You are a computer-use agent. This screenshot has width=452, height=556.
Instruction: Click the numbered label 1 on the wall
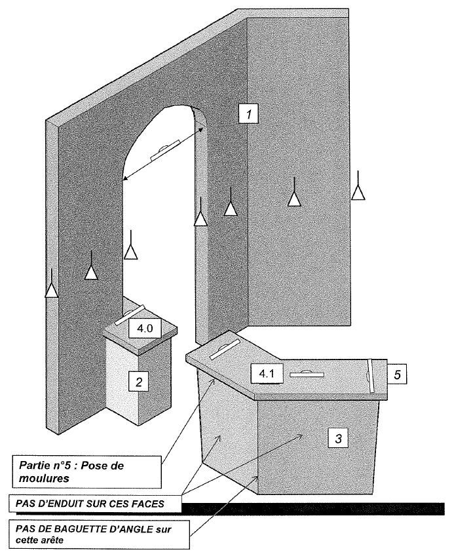[248, 115]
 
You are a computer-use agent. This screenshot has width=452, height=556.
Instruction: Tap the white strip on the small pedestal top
[129, 314]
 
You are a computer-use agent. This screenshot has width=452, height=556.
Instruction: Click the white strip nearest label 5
[370, 375]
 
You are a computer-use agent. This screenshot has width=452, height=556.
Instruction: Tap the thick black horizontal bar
[308, 508]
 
